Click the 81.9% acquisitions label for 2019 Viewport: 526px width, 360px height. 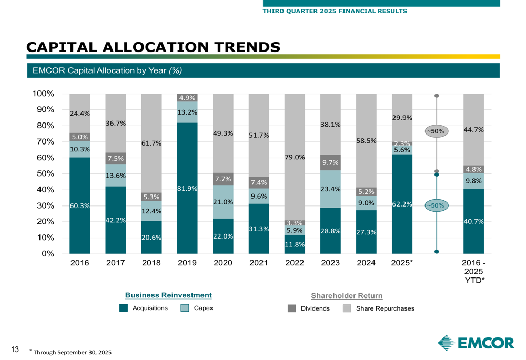(x=187, y=189)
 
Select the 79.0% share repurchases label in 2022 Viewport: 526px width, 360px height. (x=295, y=157)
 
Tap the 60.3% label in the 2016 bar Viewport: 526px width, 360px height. (x=79, y=206)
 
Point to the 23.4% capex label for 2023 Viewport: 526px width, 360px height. (x=330, y=189)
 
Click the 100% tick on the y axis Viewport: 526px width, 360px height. (x=44, y=94)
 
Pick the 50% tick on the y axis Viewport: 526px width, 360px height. (x=46, y=174)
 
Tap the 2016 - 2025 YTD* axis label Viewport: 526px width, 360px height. (x=473, y=272)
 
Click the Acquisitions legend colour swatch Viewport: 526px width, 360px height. (x=124, y=308)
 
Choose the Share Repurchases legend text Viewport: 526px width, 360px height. (x=385, y=308)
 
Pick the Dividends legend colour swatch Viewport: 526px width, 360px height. (x=292, y=308)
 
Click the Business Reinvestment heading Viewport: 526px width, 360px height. (x=168, y=295)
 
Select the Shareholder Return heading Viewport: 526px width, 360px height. (x=347, y=296)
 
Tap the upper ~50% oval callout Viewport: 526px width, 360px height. (x=437, y=131)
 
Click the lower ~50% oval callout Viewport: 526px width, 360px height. (x=437, y=205)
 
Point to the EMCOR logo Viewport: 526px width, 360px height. (x=476, y=343)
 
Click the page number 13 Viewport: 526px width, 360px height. (x=15, y=349)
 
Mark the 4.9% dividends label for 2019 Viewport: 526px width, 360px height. (x=187, y=98)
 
